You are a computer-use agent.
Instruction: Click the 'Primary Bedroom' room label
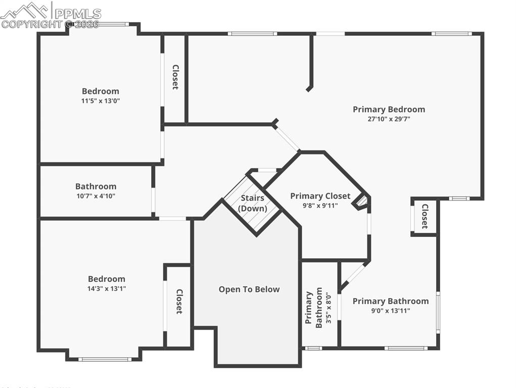[389, 109]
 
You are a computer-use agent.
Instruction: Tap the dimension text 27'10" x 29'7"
[389, 119]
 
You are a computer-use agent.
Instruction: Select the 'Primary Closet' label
[320, 196]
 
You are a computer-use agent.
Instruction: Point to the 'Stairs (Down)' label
[252, 203]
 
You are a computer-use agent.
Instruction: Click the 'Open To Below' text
[249, 289]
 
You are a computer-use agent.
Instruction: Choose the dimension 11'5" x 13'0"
[101, 101]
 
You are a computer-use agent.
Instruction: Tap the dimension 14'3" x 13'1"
[107, 288]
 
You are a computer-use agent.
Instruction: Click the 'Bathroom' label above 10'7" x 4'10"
[96, 186]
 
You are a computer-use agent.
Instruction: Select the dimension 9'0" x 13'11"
[390, 311]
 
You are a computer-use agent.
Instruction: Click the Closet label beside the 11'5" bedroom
[175, 77]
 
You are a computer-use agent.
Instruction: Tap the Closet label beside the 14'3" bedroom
[179, 302]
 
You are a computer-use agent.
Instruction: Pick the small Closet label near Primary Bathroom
[425, 216]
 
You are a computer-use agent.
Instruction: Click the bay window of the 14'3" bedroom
[105, 359]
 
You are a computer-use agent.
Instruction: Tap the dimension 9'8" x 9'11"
[320, 206]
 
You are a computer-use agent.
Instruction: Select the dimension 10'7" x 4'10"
[96, 196]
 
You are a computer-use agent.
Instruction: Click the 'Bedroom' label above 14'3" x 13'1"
[107, 279]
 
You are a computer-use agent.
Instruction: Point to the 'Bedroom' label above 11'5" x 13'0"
[101, 91]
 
